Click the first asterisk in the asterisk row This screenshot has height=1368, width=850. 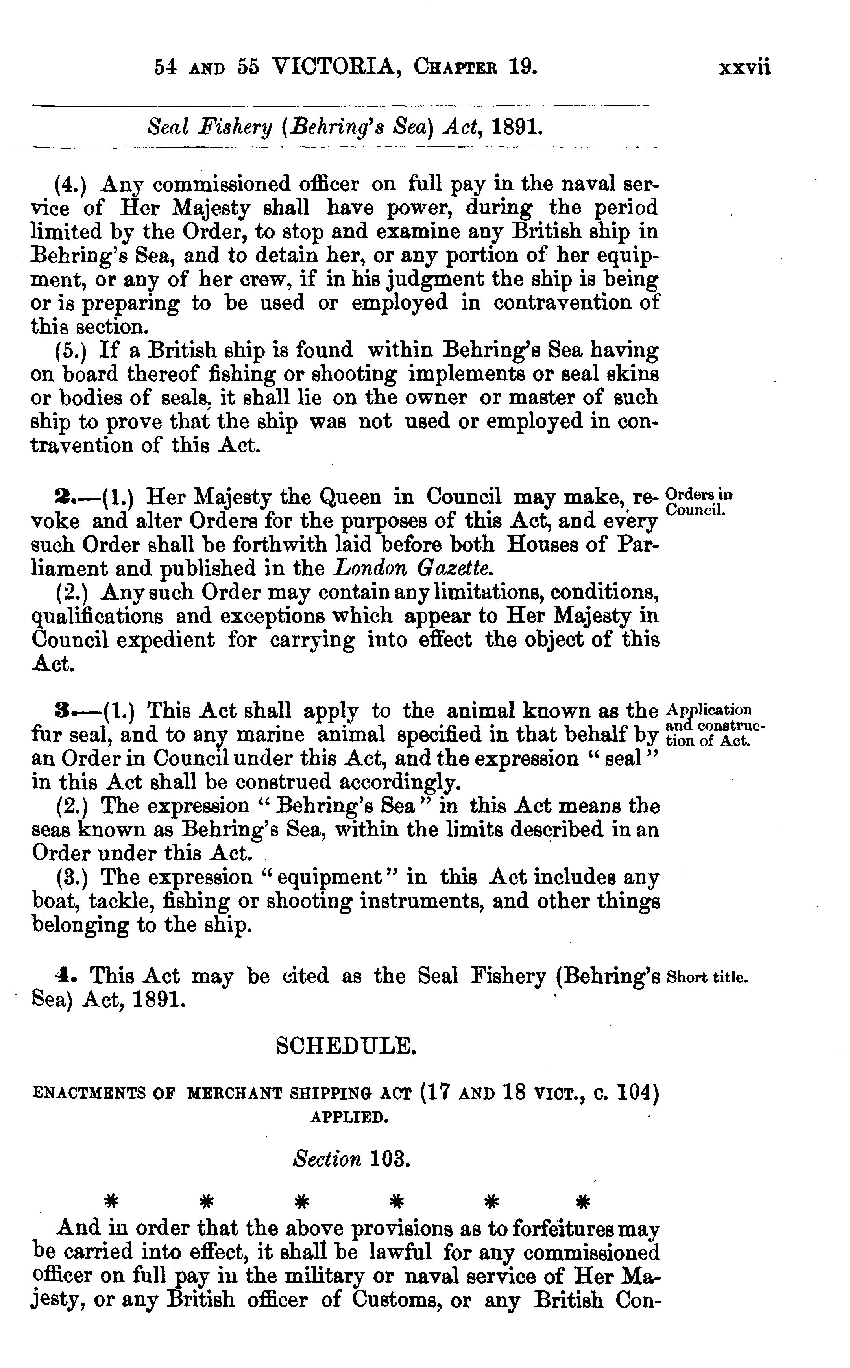coord(113,1203)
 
